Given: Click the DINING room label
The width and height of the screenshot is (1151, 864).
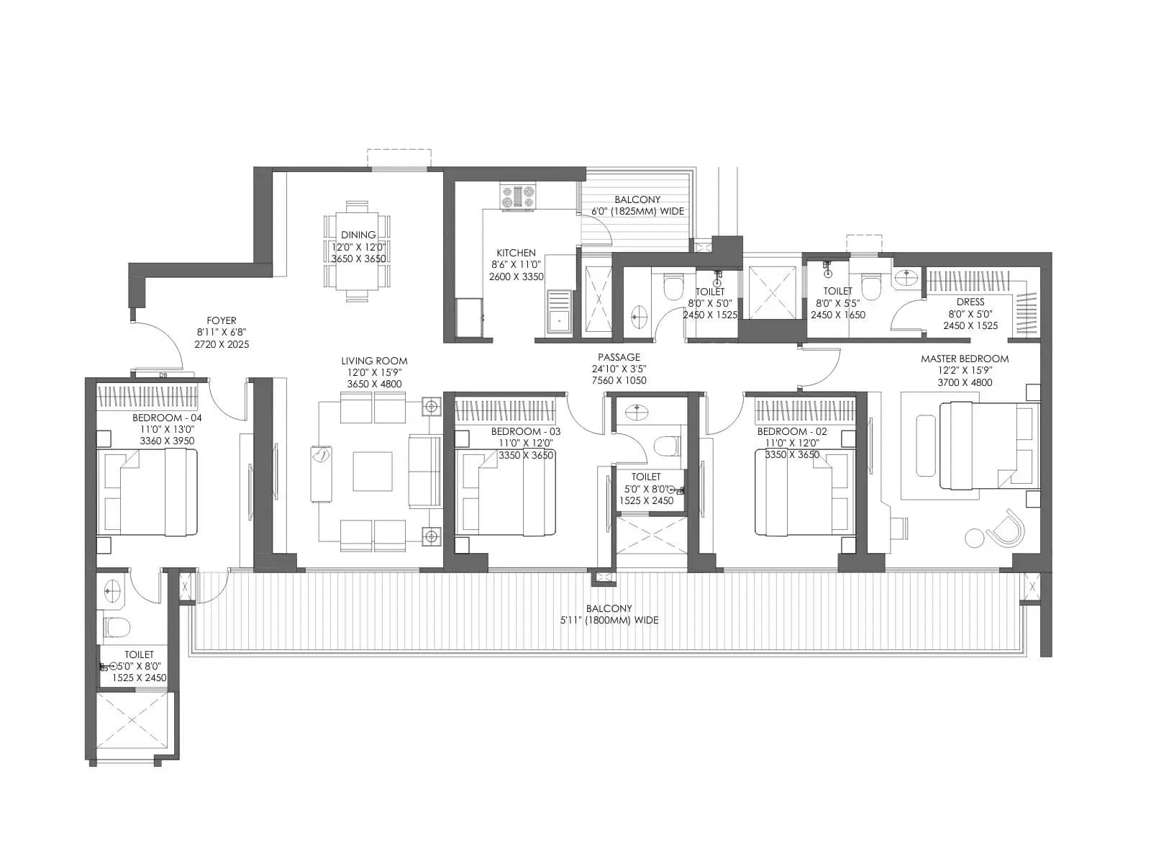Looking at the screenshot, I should [358, 235].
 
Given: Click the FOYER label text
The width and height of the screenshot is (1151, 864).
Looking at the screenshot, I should [222, 320].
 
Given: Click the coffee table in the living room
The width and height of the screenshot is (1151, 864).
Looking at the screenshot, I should [372, 472].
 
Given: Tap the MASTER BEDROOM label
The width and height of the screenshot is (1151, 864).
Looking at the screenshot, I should [965, 359].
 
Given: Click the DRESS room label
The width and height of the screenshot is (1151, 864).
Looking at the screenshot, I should [970, 302].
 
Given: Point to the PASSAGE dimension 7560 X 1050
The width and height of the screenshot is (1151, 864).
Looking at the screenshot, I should [619, 380].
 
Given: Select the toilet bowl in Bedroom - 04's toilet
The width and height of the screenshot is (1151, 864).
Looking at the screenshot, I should [116, 626].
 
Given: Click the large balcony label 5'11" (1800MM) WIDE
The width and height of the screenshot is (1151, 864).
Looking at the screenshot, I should [609, 620].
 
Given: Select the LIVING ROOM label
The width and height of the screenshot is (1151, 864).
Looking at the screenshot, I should [374, 361].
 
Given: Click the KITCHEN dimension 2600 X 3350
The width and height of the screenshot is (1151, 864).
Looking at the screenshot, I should [517, 276].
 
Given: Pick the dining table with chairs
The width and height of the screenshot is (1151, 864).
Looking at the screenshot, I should [358, 249].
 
